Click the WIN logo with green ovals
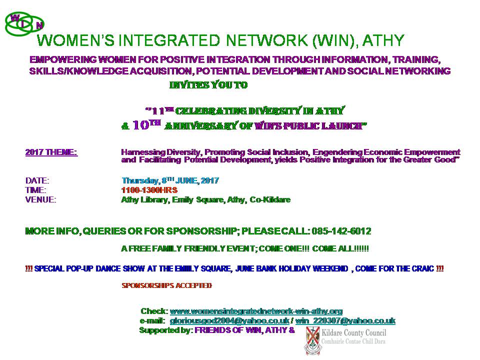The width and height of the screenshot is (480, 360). pos(24,24)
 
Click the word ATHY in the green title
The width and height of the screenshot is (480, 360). pos(383,40)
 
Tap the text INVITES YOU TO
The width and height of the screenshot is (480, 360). pos(208,85)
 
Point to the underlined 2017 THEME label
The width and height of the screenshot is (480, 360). pos(51,152)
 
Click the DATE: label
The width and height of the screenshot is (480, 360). pos(37,180)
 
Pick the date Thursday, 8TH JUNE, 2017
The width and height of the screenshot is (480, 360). pos(170,180)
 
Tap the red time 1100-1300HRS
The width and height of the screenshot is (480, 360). pos(149,190)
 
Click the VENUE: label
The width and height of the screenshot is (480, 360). pos(40,199)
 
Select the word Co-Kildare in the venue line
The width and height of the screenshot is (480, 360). pos(270,199)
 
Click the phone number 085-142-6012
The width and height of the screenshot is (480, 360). pos(341,231)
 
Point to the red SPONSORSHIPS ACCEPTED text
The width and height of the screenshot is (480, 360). pos(167,285)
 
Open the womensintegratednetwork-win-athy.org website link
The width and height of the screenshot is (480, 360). pos(256,311)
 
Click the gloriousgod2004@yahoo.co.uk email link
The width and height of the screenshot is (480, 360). pos(229,321)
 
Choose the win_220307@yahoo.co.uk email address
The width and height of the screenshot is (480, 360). pos(345,321)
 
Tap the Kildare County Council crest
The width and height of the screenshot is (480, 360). pos(312,340)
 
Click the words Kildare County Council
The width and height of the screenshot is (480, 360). pos(354,333)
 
